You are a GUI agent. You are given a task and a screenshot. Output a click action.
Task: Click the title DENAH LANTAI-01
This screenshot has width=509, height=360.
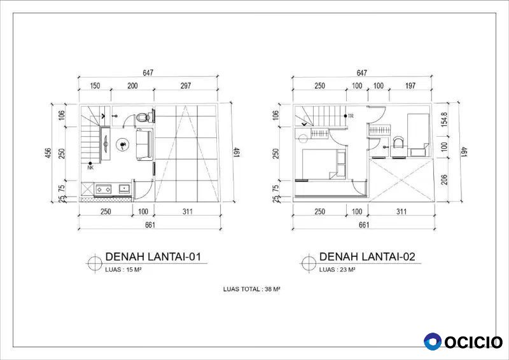153,257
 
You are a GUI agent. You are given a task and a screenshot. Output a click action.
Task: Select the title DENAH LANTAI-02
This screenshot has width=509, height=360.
367,257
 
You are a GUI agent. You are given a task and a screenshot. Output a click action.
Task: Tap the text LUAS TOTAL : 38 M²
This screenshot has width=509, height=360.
251,289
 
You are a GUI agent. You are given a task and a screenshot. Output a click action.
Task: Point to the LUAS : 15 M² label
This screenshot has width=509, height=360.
123,270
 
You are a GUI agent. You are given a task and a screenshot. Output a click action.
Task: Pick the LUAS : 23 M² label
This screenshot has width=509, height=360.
337,270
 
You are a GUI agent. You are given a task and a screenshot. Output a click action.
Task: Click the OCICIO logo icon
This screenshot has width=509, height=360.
433,342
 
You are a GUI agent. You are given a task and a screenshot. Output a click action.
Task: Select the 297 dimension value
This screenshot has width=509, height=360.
185,86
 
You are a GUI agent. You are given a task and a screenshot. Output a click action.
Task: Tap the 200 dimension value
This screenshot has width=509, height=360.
132,86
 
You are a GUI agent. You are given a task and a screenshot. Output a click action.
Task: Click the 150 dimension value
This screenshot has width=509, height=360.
95,86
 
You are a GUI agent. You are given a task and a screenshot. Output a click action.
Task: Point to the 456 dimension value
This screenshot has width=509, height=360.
48,153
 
